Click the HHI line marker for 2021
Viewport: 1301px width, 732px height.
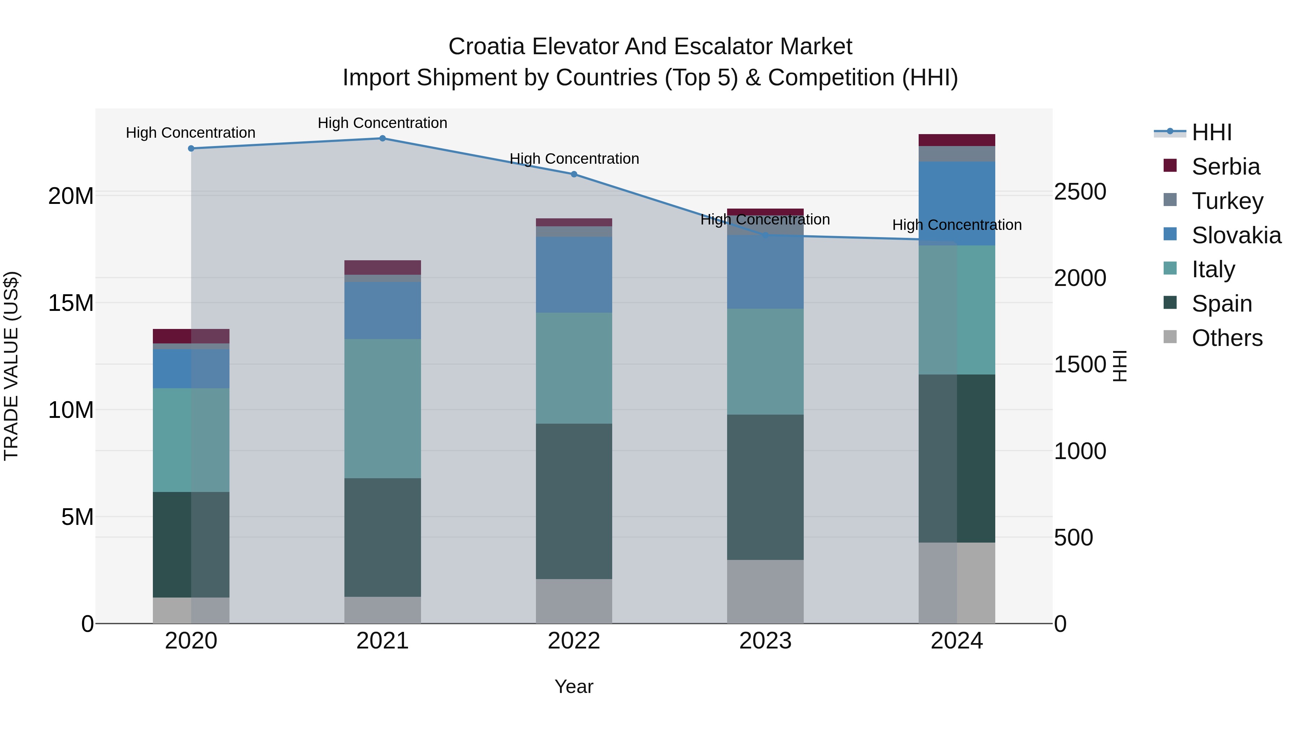[x=382, y=138]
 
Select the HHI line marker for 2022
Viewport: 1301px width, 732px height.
[x=574, y=174]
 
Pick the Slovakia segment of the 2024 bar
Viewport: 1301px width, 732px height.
[x=957, y=203]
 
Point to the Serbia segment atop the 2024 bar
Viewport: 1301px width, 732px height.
[x=957, y=140]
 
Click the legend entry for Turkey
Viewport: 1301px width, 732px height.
[x=1227, y=201]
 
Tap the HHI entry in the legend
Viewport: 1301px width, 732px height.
[x=1211, y=132]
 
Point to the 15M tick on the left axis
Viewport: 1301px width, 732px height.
[x=71, y=303]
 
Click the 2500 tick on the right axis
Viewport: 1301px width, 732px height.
[x=1080, y=192]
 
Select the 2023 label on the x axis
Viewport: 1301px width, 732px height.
[x=765, y=641]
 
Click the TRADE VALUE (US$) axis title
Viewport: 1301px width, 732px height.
[x=11, y=366]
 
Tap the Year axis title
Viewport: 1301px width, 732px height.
[x=574, y=686]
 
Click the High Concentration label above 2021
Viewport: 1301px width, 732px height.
[x=382, y=123]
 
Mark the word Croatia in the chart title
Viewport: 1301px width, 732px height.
[x=486, y=47]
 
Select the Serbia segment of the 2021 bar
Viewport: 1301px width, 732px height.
[x=382, y=267]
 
